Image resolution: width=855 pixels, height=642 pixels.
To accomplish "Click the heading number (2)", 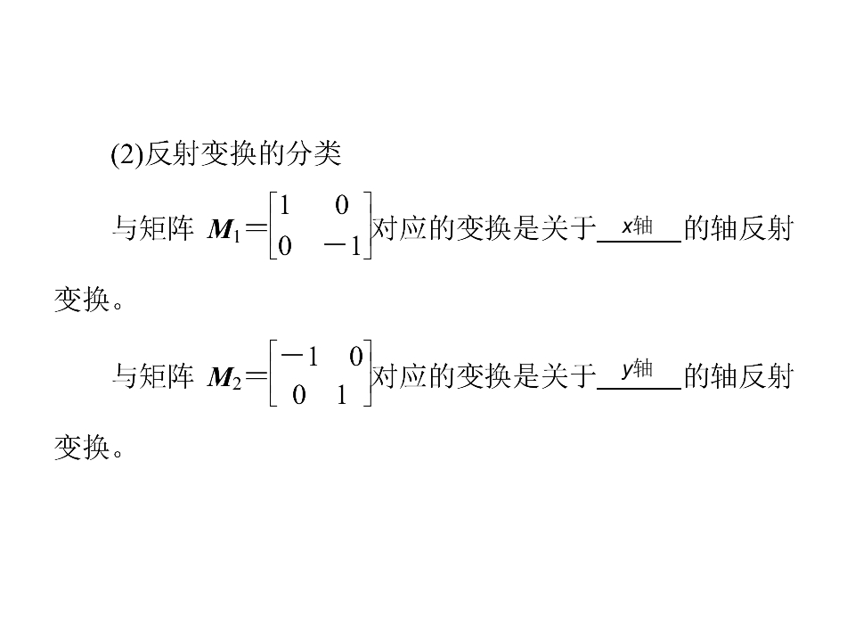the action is (x=127, y=154).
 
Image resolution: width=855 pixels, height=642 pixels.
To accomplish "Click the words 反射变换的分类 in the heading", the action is (x=242, y=153).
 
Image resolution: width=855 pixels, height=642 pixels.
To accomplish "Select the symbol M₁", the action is (x=224, y=229).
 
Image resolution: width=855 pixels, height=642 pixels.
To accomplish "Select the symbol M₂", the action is (x=224, y=377).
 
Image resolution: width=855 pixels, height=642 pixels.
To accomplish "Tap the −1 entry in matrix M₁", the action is (x=342, y=246).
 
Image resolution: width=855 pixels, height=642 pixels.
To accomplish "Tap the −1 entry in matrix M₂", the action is (x=299, y=357).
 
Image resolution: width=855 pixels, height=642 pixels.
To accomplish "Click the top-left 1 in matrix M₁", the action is (x=284, y=206).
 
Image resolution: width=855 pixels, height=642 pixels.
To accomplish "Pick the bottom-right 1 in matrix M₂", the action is (x=342, y=395).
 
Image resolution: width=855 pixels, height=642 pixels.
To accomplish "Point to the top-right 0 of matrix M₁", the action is (x=342, y=206).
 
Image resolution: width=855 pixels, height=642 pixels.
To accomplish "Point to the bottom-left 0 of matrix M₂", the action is (x=299, y=395).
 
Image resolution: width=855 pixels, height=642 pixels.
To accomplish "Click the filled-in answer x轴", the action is (x=638, y=226).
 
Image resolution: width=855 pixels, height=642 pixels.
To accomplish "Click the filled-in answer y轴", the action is (x=638, y=369).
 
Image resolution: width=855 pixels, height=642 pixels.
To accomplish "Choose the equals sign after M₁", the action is (x=256, y=228).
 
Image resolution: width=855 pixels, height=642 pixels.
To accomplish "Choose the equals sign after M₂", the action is (x=256, y=376).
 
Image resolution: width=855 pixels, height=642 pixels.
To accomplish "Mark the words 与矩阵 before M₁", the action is (x=153, y=228).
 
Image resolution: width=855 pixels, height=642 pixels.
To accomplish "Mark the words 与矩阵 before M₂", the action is (x=153, y=376).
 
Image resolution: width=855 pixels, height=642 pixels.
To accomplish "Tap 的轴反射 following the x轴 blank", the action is (x=739, y=228).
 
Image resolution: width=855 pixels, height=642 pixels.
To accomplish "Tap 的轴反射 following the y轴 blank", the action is (x=739, y=376).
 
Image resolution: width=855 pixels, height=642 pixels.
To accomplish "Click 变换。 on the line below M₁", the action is (x=89, y=300).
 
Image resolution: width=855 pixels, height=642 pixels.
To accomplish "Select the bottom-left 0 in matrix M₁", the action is (x=284, y=246).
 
